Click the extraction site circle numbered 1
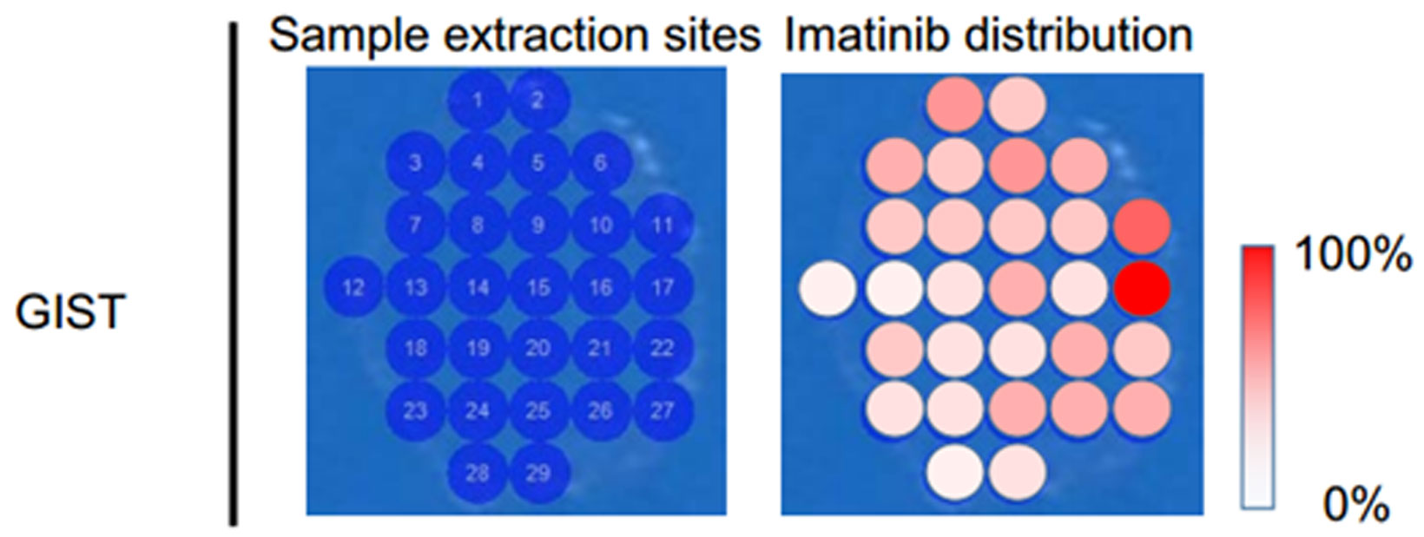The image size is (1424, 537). point(478,101)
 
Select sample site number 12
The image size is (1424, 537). point(353,287)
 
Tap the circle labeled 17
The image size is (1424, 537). point(663,287)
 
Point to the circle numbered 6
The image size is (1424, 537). point(601,163)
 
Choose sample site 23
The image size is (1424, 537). point(416,411)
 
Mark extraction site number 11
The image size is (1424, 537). point(663,225)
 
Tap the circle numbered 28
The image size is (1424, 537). point(478,474)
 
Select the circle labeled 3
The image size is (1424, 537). point(416,163)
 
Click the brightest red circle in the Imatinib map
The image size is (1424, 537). point(1143,288)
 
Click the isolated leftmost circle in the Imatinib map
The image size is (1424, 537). point(827,288)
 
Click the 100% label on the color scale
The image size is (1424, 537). point(1352,255)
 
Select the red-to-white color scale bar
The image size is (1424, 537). point(1257,377)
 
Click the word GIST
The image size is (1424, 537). point(70,312)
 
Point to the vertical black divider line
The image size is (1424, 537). point(234,274)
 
